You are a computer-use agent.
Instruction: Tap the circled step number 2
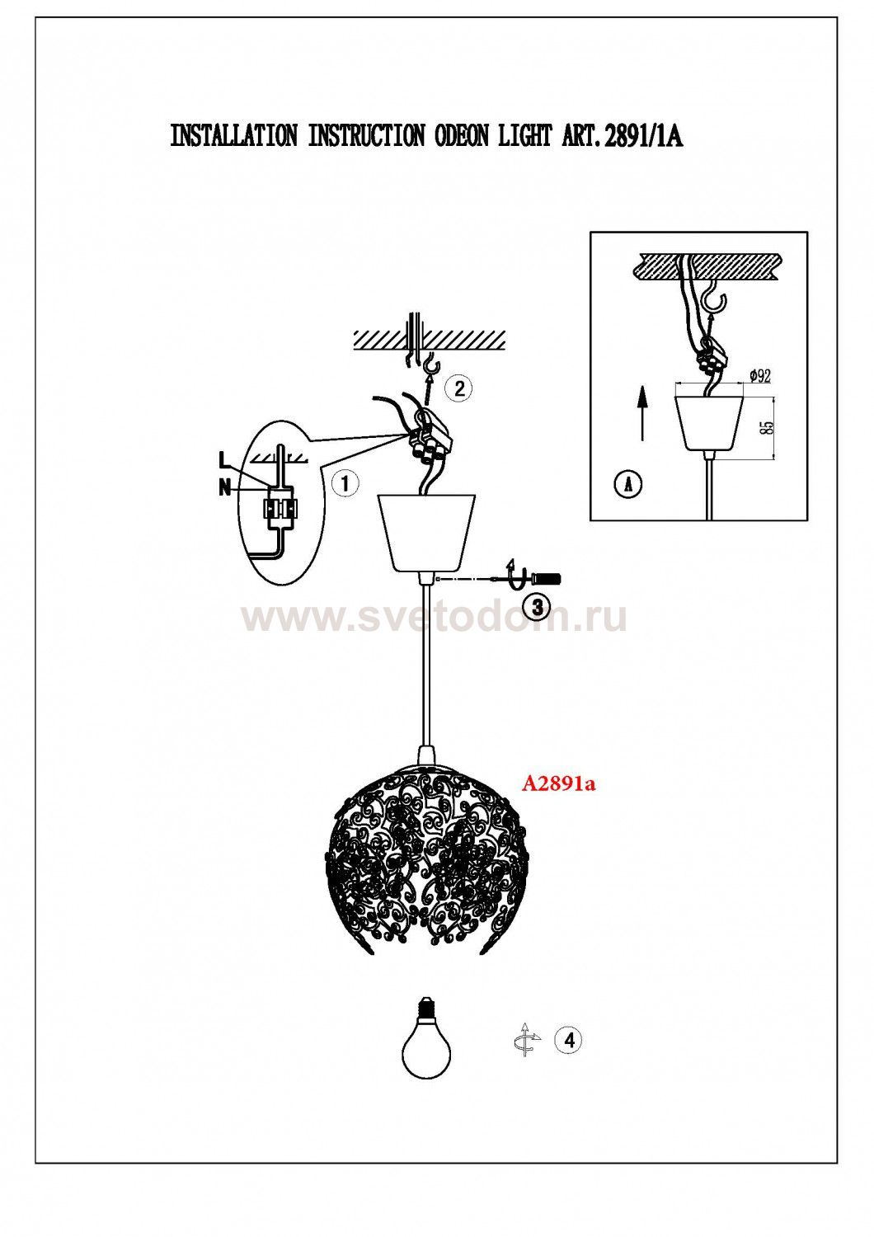pyautogui.click(x=459, y=388)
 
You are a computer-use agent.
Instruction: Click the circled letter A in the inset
pyautogui.click(x=627, y=484)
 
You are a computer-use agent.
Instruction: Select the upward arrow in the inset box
pyautogui.click(x=641, y=412)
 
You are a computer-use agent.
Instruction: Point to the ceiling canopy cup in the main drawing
pyautogui.click(x=426, y=532)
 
